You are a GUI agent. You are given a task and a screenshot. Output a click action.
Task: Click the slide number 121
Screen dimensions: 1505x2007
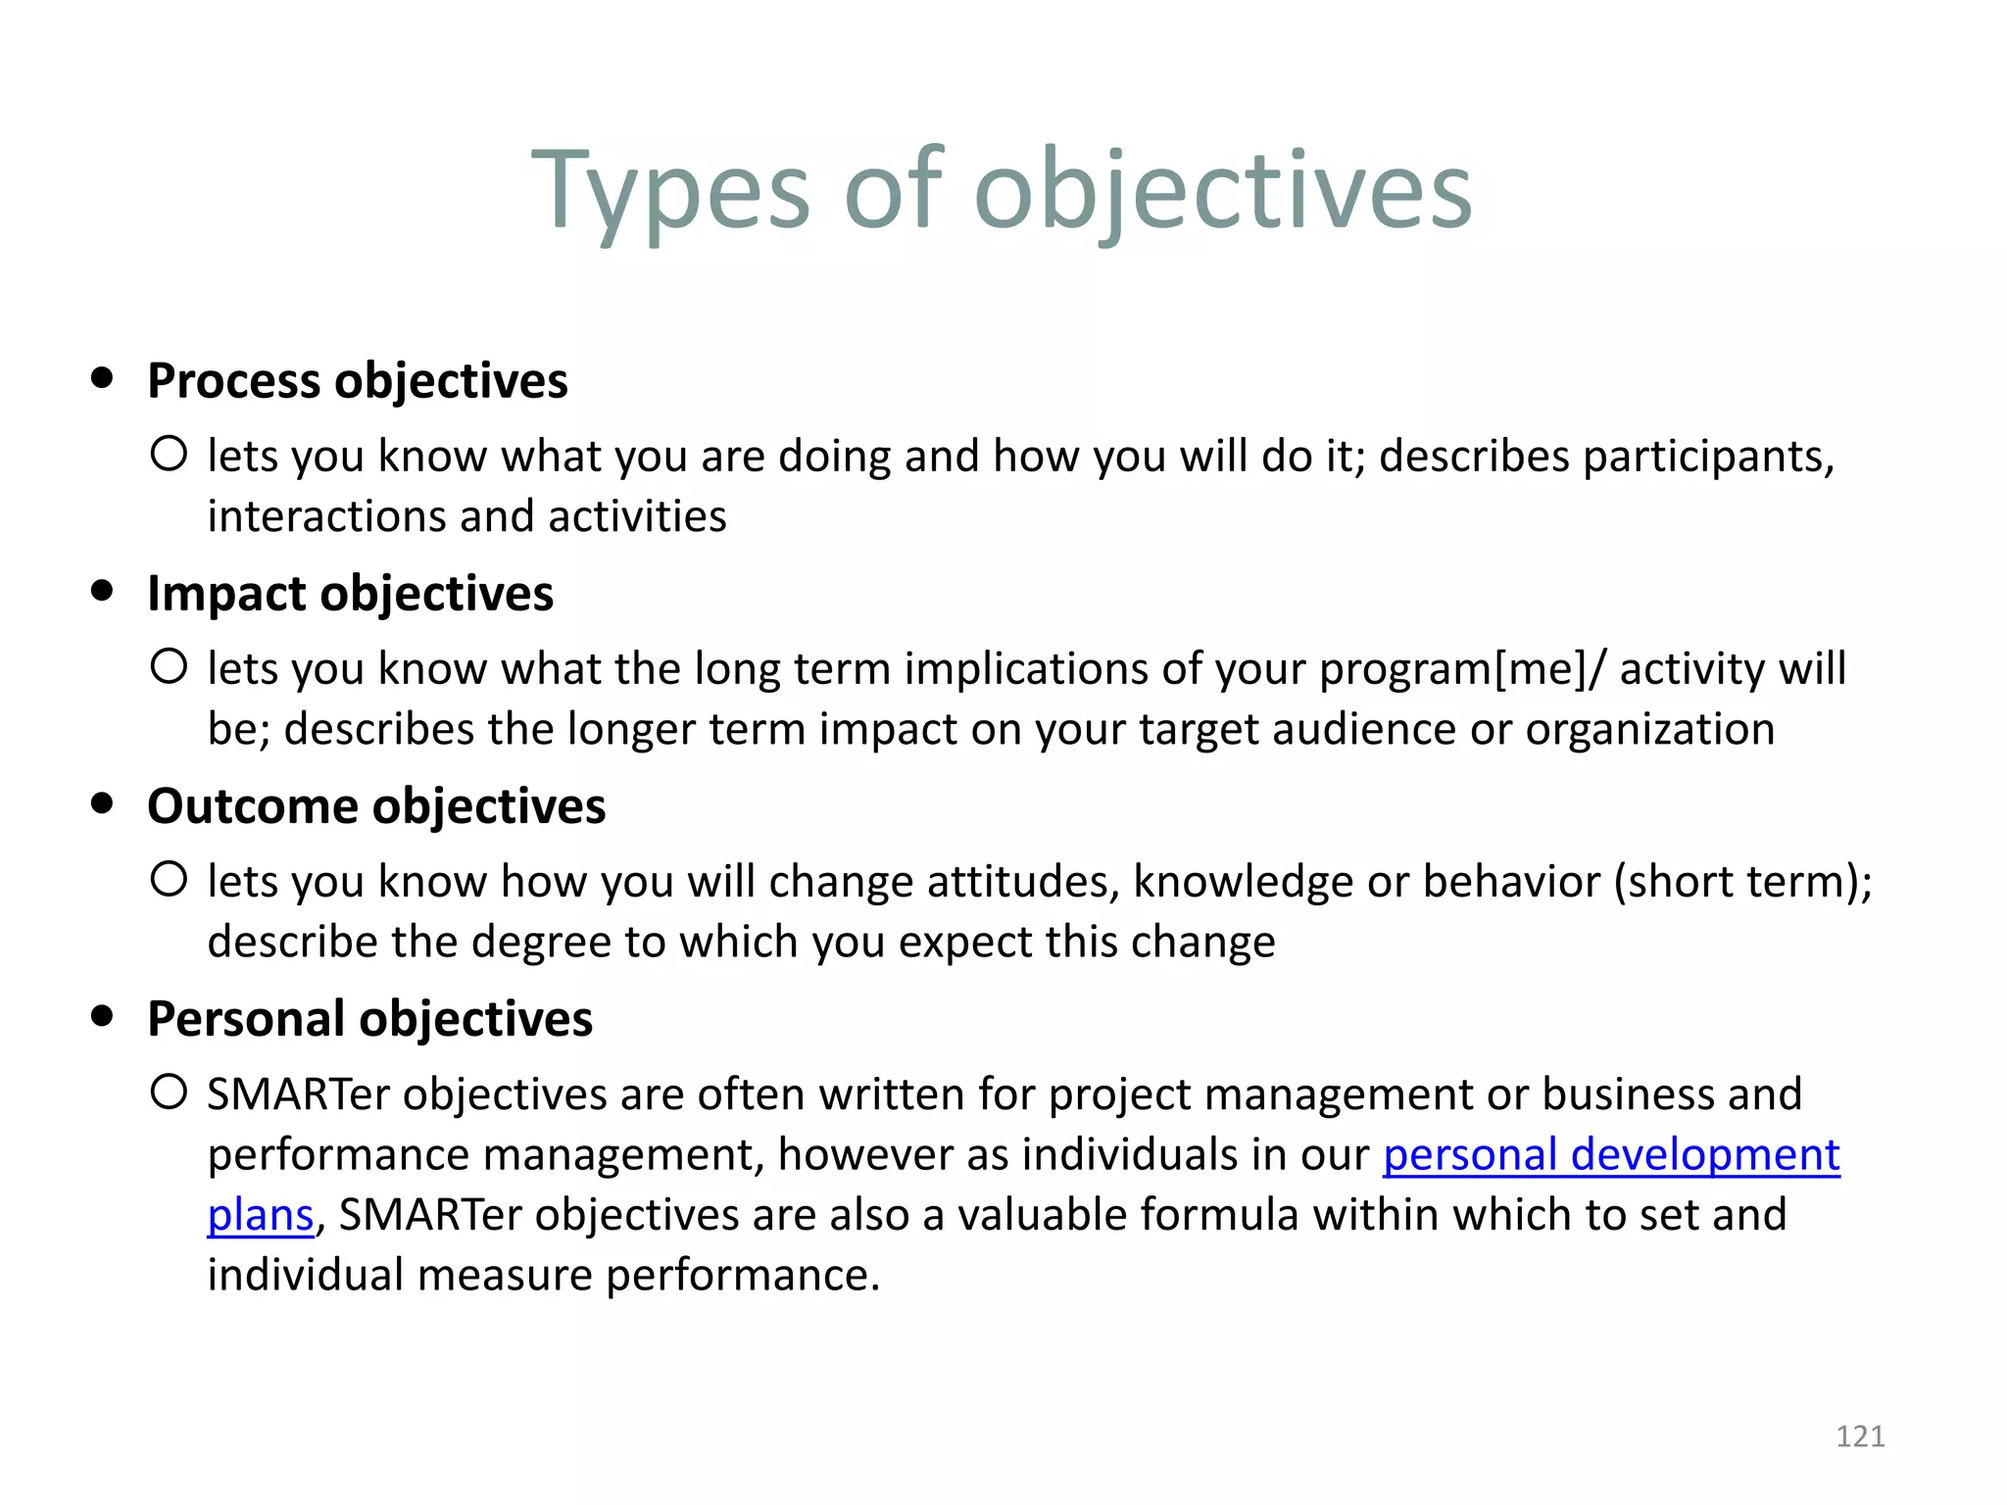click(1860, 1436)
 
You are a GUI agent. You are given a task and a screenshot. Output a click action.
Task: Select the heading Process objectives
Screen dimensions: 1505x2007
click(357, 381)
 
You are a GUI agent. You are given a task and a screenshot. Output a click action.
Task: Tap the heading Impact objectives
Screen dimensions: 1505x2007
click(350, 594)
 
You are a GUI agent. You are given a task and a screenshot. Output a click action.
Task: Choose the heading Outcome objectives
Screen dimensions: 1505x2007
click(376, 806)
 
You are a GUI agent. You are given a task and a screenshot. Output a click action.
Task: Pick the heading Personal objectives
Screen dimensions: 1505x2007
click(369, 1019)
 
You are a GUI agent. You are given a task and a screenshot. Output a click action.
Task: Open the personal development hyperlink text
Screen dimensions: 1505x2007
click(1611, 1155)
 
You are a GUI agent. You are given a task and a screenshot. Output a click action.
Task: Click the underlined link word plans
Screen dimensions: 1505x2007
click(260, 1216)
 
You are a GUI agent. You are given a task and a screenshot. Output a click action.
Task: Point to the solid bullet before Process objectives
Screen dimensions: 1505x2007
click(102, 378)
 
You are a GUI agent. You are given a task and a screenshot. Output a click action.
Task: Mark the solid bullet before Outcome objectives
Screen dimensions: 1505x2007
click(102, 803)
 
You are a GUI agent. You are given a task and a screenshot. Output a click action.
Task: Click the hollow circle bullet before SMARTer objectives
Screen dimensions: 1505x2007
click(169, 1092)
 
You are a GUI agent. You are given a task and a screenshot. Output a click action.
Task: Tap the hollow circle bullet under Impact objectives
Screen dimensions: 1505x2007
click(169, 666)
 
